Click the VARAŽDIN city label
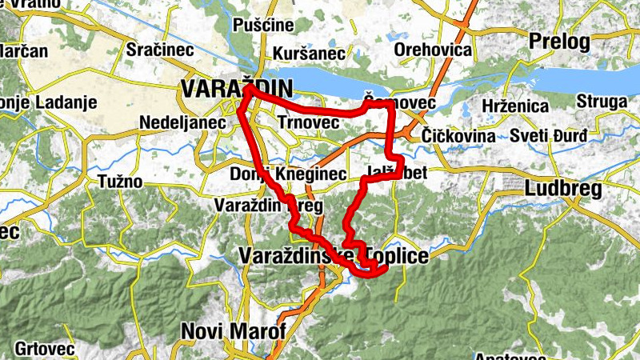coord(238,88)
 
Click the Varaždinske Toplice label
coord(334,256)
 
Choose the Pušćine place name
coord(263,25)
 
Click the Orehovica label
coord(433,50)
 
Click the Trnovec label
coord(309,122)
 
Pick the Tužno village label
coord(120,182)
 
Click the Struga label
coord(600,102)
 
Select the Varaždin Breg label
coord(268,206)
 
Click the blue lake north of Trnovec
coord(336,80)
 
